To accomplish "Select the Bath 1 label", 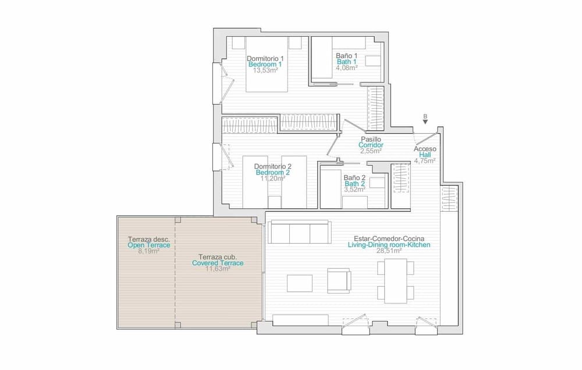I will (x=346, y=62).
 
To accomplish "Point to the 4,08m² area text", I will (x=346, y=67).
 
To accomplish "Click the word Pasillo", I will (x=371, y=140).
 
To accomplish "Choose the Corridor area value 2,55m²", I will (x=371, y=151).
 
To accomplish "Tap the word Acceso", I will (x=425, y=149).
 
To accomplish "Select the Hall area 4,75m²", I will (x=425, y=161).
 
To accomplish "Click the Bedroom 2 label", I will (x=273, y=173).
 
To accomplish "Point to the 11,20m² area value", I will (x=273, y=179).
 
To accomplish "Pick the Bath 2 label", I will (x=354, y=183).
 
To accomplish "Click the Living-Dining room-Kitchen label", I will (x=388, y=246).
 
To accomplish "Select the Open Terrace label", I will (x=149, y=246).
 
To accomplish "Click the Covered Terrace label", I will (x=218, y=263).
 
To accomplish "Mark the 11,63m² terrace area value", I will (x=218, y=269).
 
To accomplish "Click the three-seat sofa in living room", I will (x=299, y=233).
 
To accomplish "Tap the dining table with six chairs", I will (x=395, y=280).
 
